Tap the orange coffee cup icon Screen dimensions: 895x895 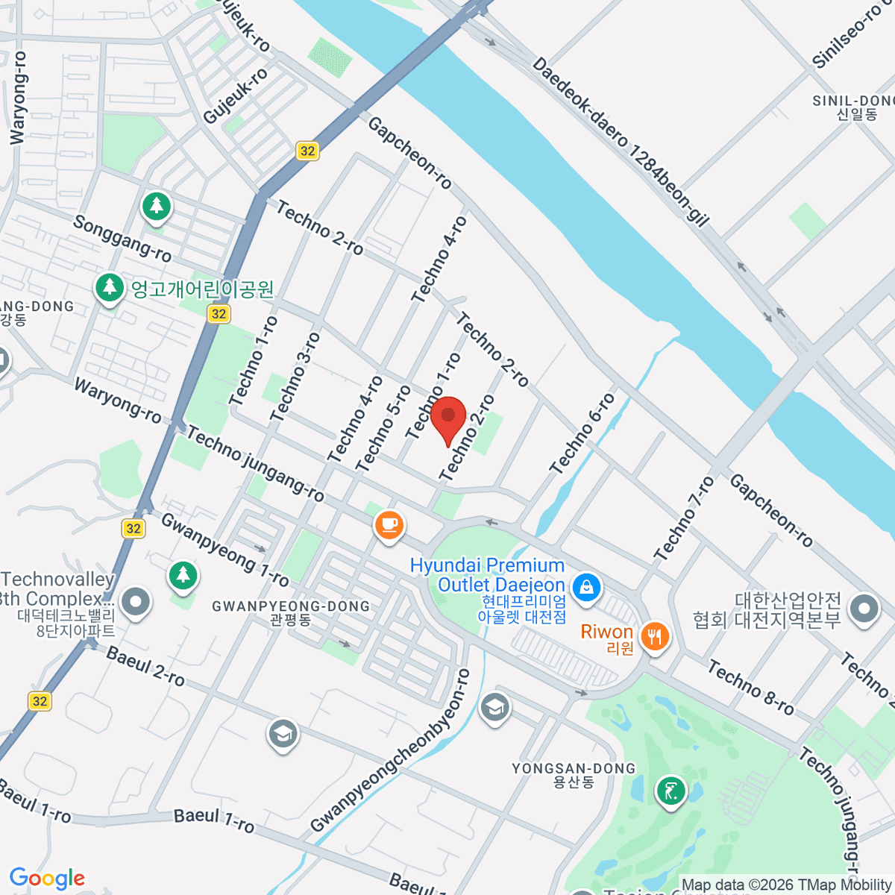pyautogui.click(x=389, y=524)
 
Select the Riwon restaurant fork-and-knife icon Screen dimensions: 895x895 pyautogui.click(x=654, y=636)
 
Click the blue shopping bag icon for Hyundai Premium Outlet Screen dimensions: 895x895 pyautogui.click(x=586, y=586)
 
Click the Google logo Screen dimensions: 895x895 pyautogui.click(x=47, y=879)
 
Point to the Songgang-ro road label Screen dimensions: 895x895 pyautogui.click(x=122, y=238)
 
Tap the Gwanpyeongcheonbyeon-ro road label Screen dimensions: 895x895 pyautogui.click(x=391, y=750)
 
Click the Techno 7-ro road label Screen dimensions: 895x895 pyautogui.click(x=684, y=518)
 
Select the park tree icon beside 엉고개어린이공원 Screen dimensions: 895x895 pyautogui.click(x=110, y=286)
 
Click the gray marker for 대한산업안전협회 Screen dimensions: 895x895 pyautogui.click(x=864, y=609)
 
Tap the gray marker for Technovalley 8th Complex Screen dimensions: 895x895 pyautogui.click(x=135, y=601)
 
